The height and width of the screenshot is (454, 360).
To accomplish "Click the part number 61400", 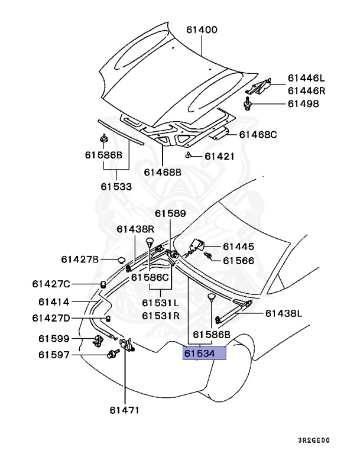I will pyautogui.click(x=202, y=30).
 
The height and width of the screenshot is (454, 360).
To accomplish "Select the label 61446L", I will pyautogui.click(x=307, y=77).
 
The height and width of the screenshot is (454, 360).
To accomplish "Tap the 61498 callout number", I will pyautogui.click(x=303, y=104).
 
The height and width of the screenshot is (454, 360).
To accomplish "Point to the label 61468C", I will pyautogui.click(x=258, y=135).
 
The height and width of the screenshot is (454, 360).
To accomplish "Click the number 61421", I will pyautogui.click(x=219, y=157).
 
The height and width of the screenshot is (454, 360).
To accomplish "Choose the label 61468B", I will pyautogui.click(x=163, y=173).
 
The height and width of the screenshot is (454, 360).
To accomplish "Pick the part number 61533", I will pyautogui.click(x=116, y=186).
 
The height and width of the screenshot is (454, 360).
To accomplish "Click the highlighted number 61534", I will pyautogui.click(x=205, y=354).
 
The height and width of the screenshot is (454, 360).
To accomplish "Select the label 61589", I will pyautogui.click(x=170, y=213).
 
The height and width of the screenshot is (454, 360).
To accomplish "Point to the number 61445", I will pyautogui.click(x=238, y=247).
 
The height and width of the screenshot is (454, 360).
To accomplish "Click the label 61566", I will pyautogui.click(x=238, y=260).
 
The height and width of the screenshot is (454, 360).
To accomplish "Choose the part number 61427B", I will pyautogui.click(x=80, y=259).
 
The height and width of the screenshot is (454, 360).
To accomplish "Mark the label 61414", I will pyautogui.click(x=54, y=301).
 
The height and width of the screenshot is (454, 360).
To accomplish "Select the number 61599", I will pyautogui.click(x=54, y=339).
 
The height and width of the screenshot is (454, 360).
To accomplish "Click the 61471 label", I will pyautogui.click(x=125, y=408).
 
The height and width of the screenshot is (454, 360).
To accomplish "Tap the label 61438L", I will pyautogui.click(x=283, y=313).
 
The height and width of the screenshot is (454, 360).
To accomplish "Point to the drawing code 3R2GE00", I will pyautogui.click(x=314, y=440).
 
